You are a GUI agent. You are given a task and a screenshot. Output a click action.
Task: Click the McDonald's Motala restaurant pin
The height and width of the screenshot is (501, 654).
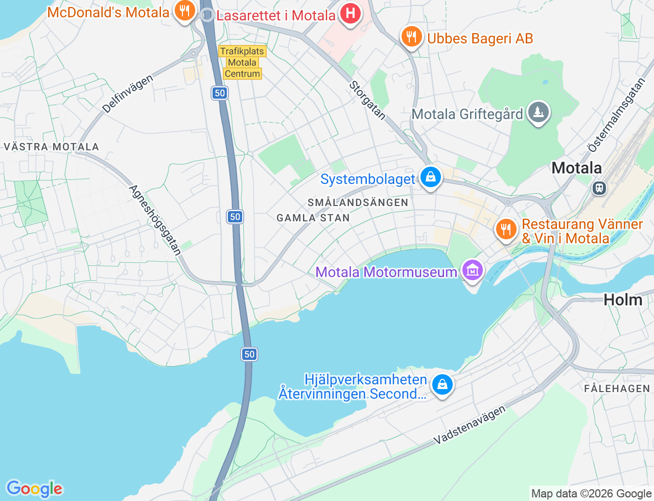[x=184, y=11]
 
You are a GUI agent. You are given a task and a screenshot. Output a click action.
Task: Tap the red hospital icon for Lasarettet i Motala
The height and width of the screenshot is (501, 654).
[x=350, y=13]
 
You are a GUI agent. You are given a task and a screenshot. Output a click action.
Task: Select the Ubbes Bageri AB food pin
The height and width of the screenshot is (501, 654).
[x=411, y=37]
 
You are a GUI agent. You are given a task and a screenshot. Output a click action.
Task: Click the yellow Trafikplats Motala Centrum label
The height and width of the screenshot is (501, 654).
[x=242, y=62]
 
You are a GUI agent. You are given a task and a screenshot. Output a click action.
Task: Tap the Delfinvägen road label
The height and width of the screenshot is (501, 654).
[x=127, y=94]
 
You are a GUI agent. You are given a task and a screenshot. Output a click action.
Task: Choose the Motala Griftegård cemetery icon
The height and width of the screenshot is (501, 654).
[x=538, y=112]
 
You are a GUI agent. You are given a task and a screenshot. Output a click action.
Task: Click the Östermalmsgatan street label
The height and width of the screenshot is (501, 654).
[x=616, y=115]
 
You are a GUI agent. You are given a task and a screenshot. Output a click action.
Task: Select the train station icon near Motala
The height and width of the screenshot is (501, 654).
[x=599, y=188]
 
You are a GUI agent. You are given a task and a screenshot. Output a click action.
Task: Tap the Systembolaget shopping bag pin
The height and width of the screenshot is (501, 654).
[x=430, y=177]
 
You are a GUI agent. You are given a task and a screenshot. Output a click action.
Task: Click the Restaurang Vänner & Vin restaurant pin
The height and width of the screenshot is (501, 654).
[x=506, y=230]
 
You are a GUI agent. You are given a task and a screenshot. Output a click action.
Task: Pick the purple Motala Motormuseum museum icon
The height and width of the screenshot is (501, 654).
[x=472, y=270]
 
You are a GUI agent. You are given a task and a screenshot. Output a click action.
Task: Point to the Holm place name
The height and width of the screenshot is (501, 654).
[x=623, y=300]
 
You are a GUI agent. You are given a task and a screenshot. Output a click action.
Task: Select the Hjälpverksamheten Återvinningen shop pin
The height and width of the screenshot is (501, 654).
[x=442, y=384]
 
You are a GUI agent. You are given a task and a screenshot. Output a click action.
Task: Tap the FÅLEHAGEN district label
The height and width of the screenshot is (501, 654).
[x=617, y=389]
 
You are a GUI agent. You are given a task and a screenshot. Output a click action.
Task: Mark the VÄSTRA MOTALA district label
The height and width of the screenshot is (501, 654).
[x=51, y=147]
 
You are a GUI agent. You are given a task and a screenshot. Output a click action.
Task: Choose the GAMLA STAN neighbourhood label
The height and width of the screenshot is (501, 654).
[x=313, y=218]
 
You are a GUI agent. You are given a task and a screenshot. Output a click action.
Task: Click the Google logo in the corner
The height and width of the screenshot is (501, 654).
[x=34, y=489]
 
